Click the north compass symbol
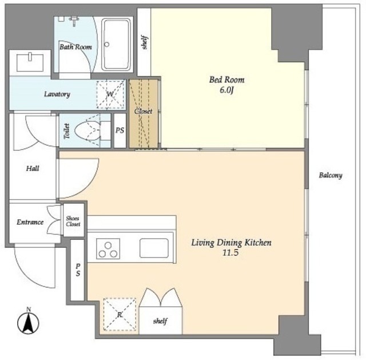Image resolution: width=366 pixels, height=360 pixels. (28, 322)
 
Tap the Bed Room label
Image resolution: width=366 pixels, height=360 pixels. (226, 80)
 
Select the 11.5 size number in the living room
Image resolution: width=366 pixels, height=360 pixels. (230, 253)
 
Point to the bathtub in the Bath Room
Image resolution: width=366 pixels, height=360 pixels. (116, 45)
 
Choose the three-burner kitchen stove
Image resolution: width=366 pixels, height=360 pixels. (108, 248)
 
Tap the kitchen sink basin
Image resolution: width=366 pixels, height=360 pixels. (154, 248)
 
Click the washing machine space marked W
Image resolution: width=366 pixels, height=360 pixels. (110, 94)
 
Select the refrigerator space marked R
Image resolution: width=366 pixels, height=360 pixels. (120, 314)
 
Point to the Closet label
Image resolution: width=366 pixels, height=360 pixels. (144, 112)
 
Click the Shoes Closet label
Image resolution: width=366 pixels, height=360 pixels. (73, 221)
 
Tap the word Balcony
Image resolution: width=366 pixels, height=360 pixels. (331, 175)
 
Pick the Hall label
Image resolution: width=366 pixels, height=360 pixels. (33, 168)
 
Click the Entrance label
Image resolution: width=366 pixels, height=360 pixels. (30, 222)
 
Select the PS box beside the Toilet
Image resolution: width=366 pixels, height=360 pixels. (120, 131)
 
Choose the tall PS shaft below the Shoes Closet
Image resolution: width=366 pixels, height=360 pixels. (78, 270)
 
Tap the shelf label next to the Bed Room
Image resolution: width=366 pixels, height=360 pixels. (145, 42)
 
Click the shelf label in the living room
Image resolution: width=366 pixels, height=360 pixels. (160, 321)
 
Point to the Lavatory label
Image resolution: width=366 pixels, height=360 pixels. (57, 94)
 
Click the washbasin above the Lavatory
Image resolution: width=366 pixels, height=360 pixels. (30, 62)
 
